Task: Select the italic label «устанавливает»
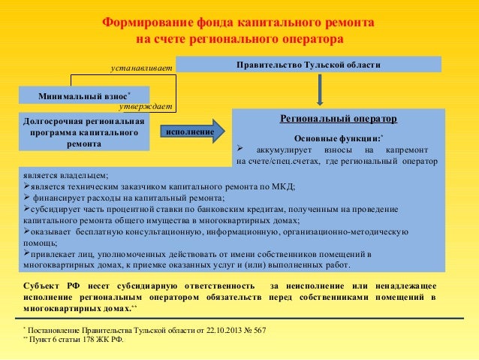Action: tap(141, 68)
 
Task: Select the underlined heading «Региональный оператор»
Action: tap(338, 119)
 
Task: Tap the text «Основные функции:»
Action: tap(338, 139)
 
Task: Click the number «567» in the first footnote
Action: tap(257, 331)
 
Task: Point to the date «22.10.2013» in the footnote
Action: tap(203, 331)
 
